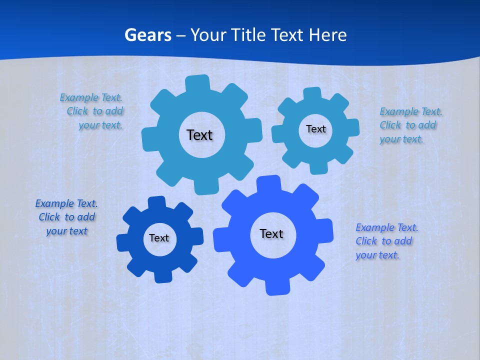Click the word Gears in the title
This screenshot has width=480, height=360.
click(148, 35)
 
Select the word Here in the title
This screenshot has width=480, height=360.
click(327, 35)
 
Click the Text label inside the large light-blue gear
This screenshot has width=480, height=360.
click(199, 135)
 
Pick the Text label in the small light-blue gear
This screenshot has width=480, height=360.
click(315, 129)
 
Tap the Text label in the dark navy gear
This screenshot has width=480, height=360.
click(159, 238)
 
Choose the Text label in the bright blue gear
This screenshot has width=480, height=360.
click(271, 233)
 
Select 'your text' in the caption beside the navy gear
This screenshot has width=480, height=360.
click(66, 231)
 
